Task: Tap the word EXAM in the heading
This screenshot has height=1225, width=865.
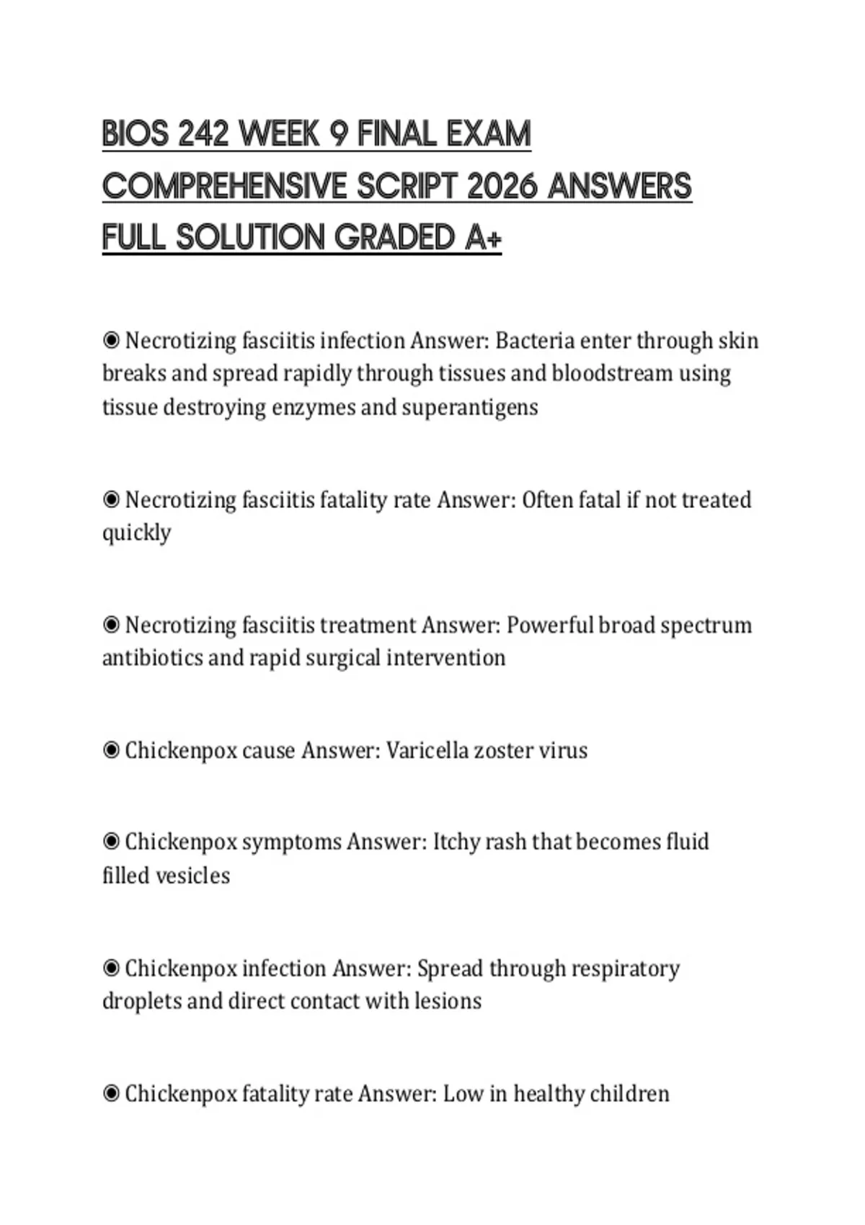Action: [488, 134]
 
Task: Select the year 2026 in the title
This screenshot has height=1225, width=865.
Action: [502, 186]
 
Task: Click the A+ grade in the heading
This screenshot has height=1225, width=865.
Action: [482, 238]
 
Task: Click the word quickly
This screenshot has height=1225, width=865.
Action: [136, 533]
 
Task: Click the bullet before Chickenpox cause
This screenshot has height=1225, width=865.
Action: [111, 750]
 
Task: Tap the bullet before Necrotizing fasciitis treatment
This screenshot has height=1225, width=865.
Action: [111, 625]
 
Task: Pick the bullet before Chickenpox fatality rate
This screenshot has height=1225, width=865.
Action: [111, 1094]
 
